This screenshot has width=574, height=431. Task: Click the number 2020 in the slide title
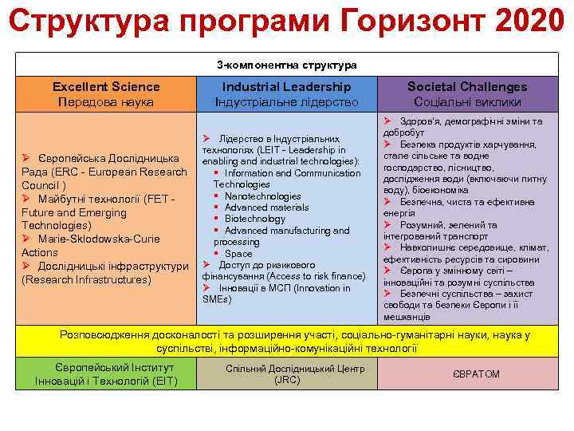529,22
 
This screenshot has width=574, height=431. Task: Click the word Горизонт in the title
400,22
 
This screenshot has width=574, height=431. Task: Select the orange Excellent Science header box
106,93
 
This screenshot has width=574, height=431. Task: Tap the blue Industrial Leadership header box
286,93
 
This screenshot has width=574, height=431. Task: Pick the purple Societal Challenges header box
467,93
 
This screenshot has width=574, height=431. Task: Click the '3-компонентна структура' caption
286,64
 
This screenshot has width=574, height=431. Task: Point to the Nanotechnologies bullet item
262,196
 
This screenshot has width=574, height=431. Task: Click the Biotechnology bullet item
254,219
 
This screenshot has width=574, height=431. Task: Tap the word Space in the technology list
238,253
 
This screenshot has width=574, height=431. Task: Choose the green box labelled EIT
106,374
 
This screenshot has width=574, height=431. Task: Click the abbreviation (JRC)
286,380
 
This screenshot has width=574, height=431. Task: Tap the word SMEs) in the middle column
216,299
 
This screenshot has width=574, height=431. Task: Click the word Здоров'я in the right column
423,121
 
